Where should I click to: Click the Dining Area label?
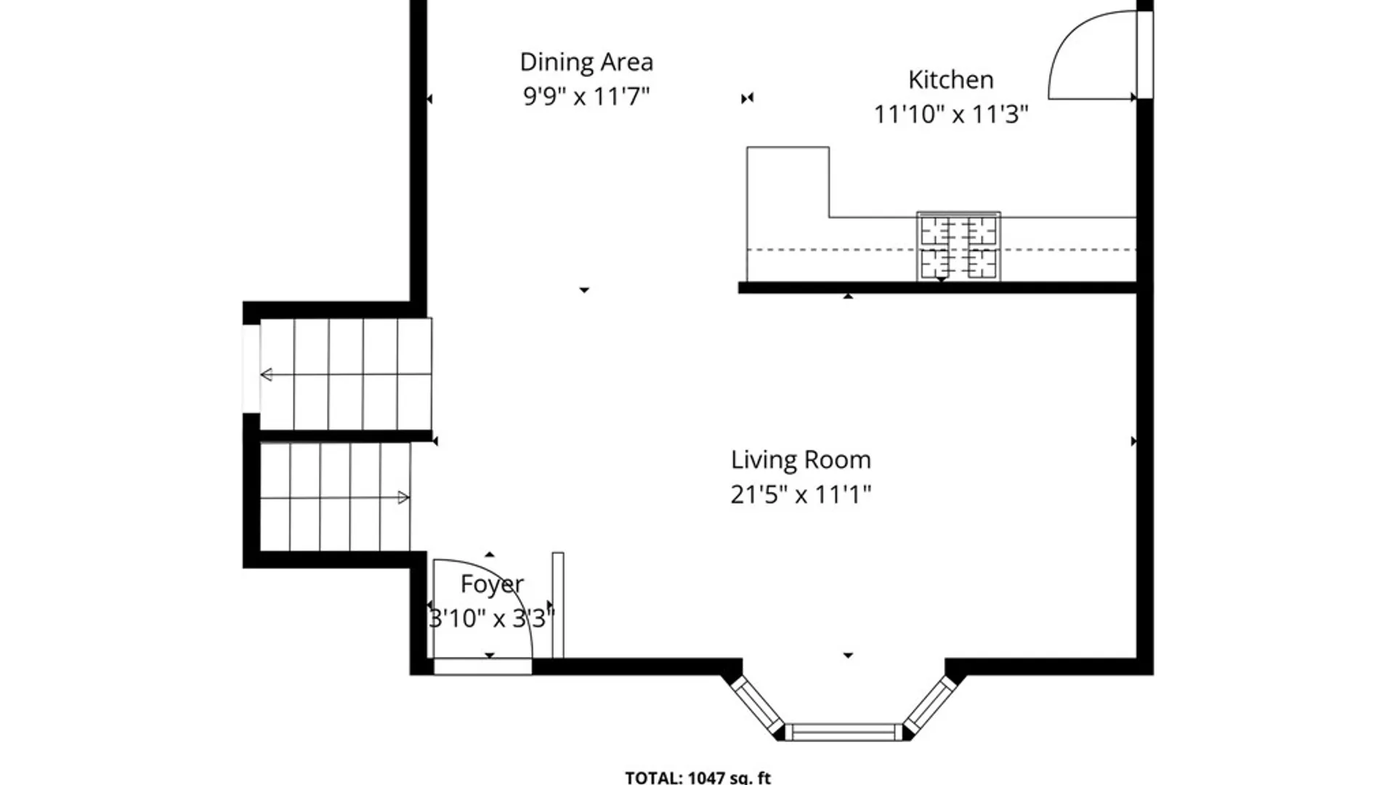(586, 63)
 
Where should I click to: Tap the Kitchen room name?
(950, 79)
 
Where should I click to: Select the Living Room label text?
(801, 460)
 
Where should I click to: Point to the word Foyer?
(492, 584)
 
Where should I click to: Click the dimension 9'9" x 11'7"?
(586, 96)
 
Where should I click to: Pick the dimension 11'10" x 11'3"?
(950, 114)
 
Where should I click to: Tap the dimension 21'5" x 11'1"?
(801, 495)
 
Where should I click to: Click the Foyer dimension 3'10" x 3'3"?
(492, 619)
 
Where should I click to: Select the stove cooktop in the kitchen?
(958, 246)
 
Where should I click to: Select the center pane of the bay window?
(843, 732)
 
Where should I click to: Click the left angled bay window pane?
(757, 704)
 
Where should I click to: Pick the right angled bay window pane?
(930, 704)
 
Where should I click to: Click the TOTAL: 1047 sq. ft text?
(697, 778)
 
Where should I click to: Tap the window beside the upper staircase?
(251, 369)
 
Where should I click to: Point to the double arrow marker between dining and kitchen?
(747, 98)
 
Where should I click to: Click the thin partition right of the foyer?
(558, 605)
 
